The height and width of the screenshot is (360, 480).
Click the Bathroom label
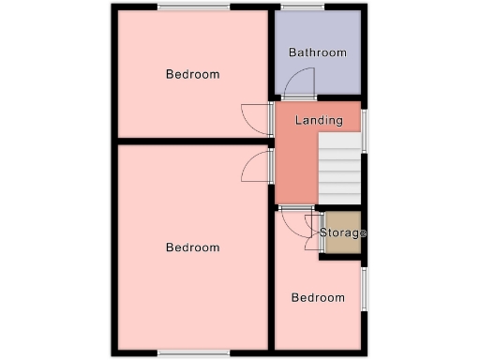click(318, 52)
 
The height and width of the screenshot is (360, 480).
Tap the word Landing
click(318, 121)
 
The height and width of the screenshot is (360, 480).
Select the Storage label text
click(342, 232)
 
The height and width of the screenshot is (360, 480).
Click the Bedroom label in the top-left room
click(192, 74)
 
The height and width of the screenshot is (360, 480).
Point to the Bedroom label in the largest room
click(192, 247)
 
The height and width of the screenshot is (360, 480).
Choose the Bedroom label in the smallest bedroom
click(317, 298)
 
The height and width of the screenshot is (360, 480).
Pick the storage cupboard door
click(312, 239)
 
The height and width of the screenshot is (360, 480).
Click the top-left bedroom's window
click(193, 7)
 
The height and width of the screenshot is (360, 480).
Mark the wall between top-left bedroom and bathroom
click(272, 52)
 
